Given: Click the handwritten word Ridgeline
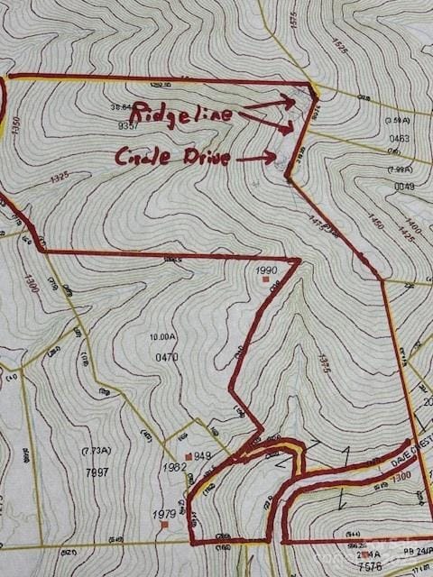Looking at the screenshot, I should click(x=180, y=114).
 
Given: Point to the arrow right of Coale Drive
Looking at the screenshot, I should click(x=256, y=157).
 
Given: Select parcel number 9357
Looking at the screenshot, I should click(x=128, y=125).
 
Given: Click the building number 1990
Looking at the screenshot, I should click(x=265, y=270).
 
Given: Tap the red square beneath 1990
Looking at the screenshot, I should click(x=265, y=280).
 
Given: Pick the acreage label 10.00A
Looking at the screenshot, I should click(x=164, y=337).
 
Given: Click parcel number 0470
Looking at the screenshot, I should click(x=166, y=357).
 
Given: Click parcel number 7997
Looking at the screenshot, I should click(x=97, y=472).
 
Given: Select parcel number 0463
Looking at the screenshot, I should click(x=399, y=139).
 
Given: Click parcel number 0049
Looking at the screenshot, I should click(x=403, y=187).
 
